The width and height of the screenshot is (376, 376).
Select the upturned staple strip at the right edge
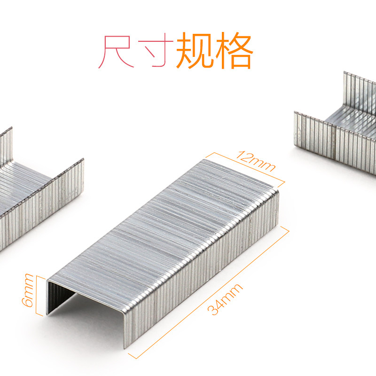click(x=338, y=127)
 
